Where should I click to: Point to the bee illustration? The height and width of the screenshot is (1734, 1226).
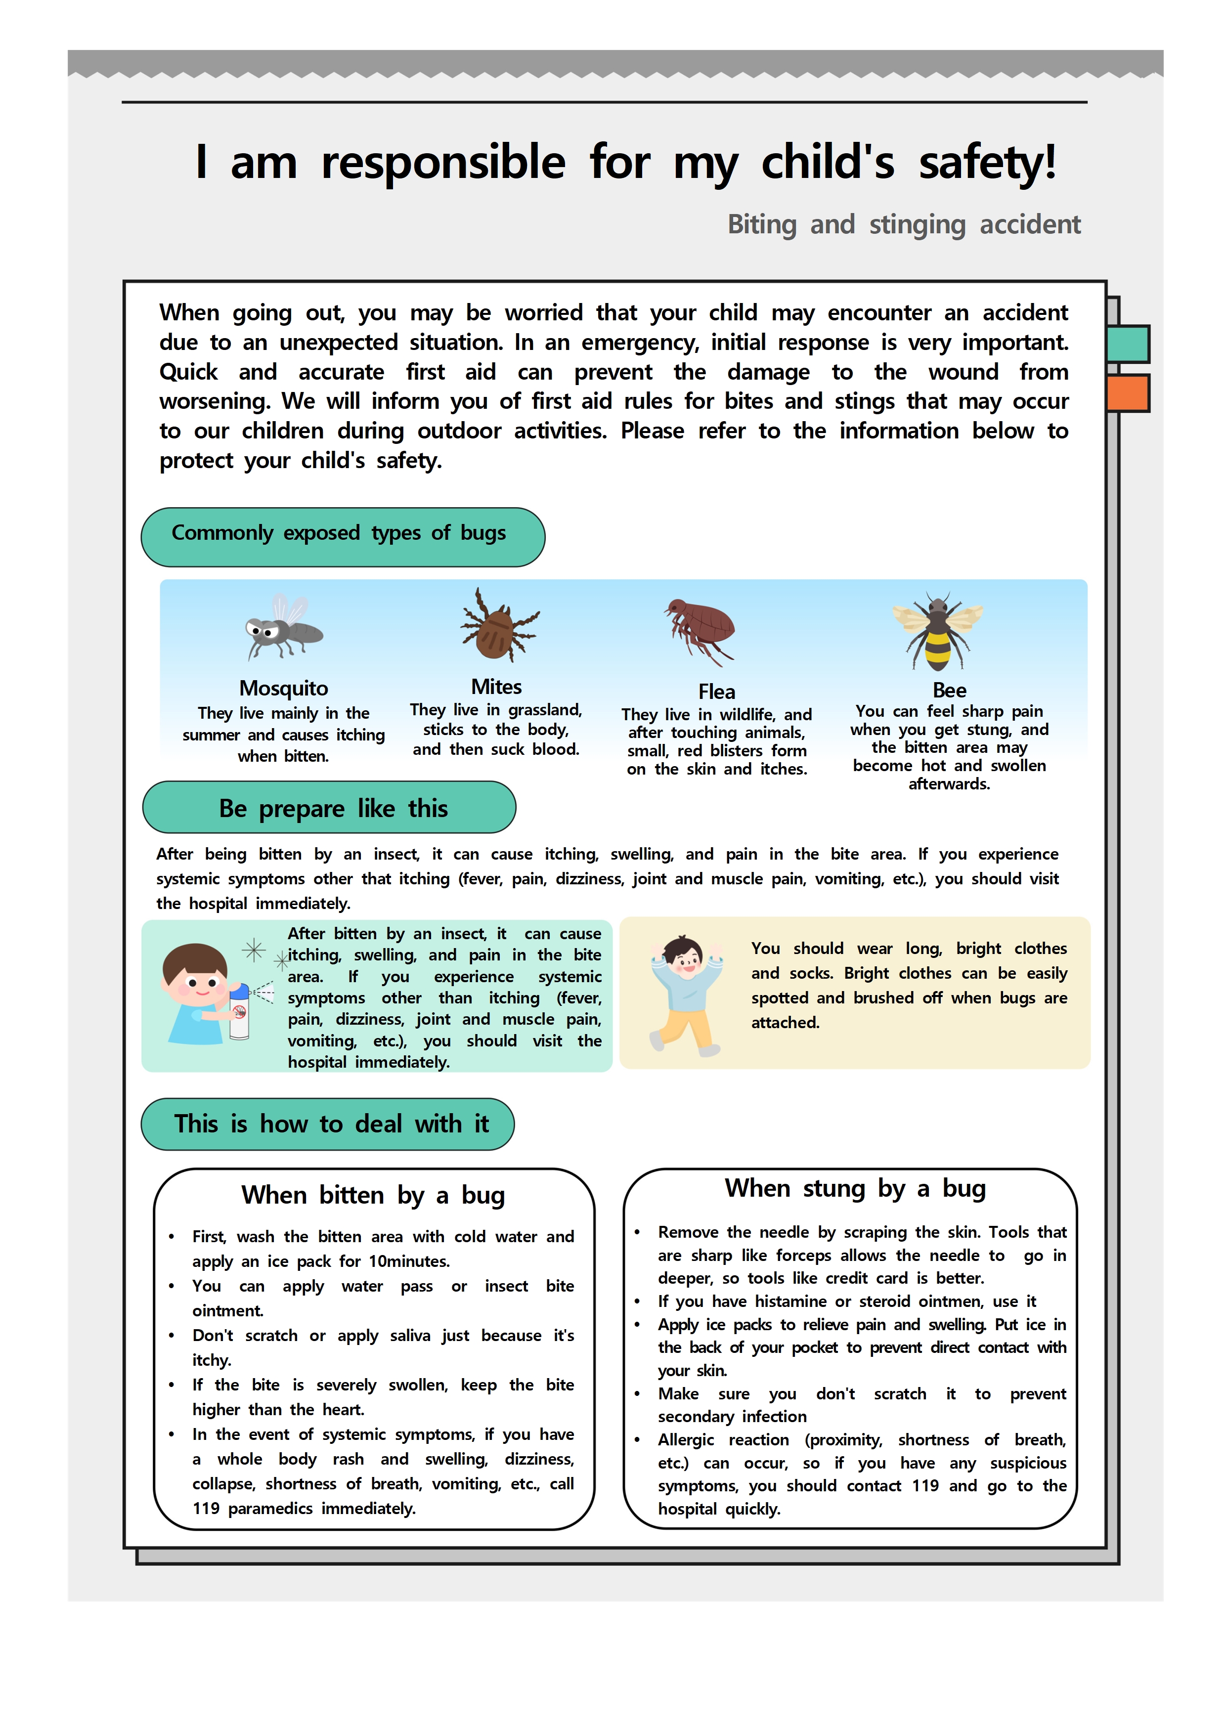pos(937,631)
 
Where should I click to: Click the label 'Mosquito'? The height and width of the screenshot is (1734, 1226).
pos(283,688)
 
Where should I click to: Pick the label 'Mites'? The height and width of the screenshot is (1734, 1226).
pos(496,687)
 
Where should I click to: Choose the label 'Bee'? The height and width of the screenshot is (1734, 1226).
pos(949,690)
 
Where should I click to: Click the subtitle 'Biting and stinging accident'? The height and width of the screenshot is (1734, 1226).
pos(904,224)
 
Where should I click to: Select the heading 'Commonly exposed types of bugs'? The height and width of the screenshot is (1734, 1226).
pos(339,533)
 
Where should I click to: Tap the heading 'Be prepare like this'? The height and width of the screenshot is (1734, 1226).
pos(333,808)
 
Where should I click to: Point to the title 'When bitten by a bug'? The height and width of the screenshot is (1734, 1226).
pos(373,1195)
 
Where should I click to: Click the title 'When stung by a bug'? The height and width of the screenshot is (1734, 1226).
pos(855,1188)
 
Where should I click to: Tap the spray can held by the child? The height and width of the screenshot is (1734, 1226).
pos(239,1012)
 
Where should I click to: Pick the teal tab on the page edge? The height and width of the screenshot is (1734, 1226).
pos(1128,344)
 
